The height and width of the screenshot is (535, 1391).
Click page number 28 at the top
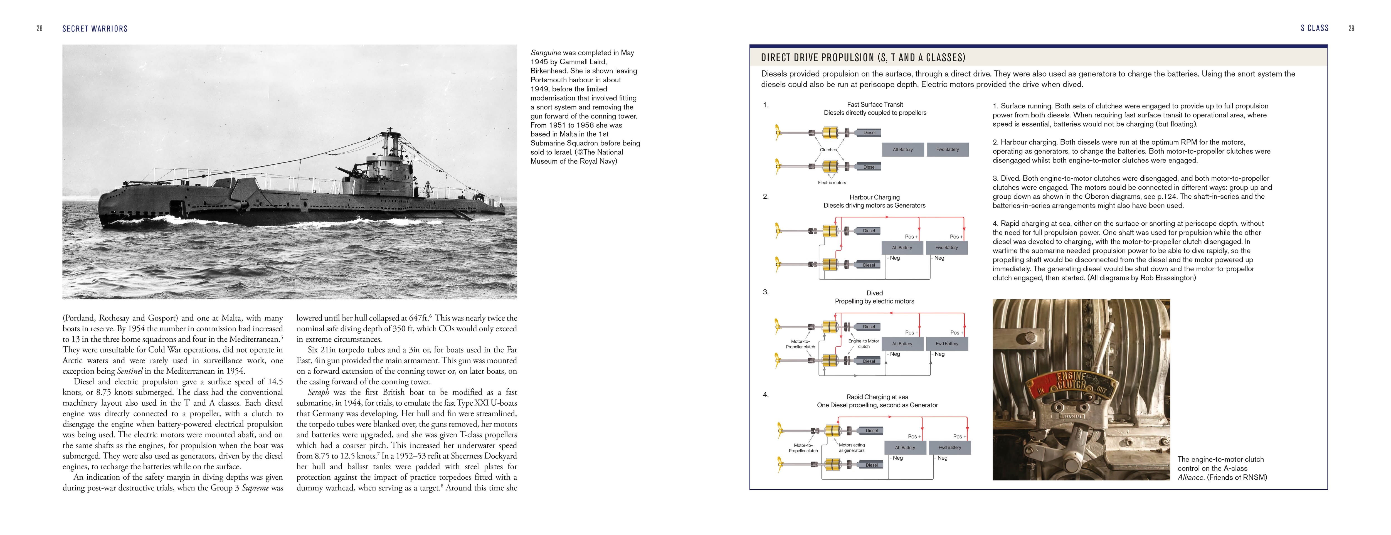tap(40, 29)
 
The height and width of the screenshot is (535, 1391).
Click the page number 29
tap(1351, 29)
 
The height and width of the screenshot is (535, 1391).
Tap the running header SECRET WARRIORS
tap(95, 29)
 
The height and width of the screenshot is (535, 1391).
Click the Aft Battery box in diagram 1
tap(902, 150)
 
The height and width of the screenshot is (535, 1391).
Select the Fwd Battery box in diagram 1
tap(948, 150)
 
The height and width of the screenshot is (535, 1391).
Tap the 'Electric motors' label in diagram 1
tap(832, 183)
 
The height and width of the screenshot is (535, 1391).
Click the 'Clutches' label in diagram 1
tap(828, 150)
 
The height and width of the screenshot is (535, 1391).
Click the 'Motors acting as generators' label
tap(852, 448)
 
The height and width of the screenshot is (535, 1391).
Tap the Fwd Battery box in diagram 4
tap(950, 448)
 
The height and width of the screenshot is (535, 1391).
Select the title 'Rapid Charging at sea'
tap(877, 397)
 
